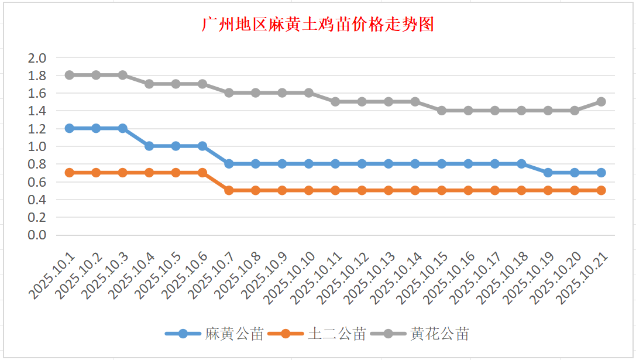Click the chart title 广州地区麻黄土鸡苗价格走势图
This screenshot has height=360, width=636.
318,25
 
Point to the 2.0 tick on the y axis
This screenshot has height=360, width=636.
37,58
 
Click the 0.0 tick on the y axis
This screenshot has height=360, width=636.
37,235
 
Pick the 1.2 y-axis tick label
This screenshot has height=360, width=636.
37,129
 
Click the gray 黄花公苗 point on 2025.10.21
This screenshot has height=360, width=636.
601,102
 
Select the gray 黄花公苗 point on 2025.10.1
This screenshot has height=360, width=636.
70,75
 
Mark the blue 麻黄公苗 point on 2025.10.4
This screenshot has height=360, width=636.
149,146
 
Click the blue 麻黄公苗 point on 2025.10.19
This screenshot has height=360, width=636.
548,173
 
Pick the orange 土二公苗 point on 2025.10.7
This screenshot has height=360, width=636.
229,190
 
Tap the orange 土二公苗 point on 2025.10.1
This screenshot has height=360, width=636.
70,173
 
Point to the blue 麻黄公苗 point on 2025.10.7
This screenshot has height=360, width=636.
229,164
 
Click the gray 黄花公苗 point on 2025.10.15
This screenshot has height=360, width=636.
442,111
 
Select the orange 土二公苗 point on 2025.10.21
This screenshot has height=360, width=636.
601,190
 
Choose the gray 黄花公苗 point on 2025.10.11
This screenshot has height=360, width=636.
335,102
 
